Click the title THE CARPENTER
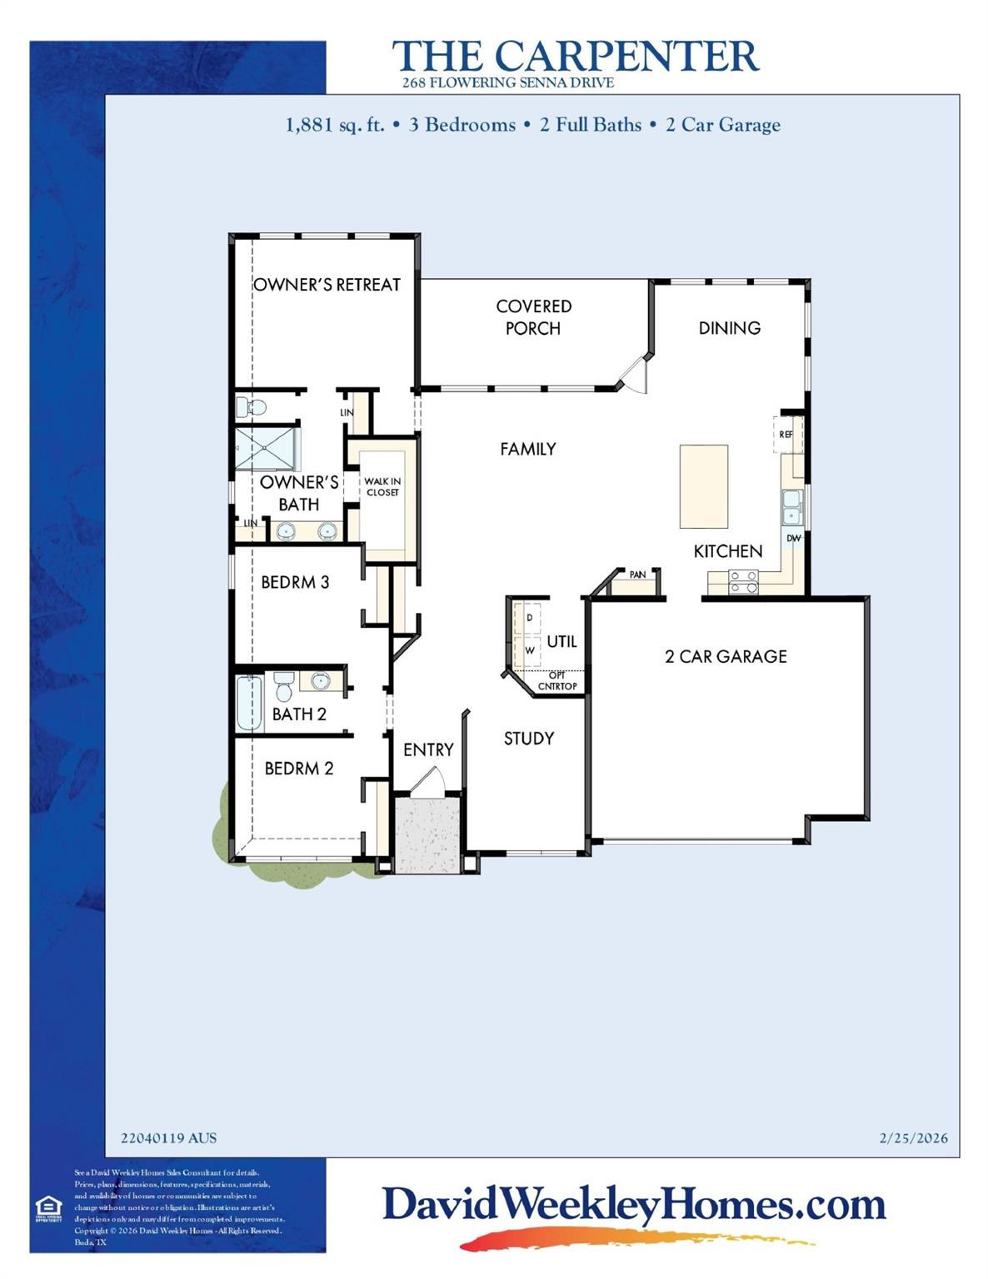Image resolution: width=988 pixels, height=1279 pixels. (x=575, y=56)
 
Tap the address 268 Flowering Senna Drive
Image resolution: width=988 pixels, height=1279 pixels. (x=507, y=82)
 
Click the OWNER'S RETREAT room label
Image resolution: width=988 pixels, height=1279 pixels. (x=327, y=285)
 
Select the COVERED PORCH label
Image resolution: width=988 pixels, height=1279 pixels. (x=533, y=317)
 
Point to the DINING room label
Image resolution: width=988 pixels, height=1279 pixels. (x=729, y=328)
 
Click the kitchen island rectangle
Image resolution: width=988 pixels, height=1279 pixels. (x=704, y=486)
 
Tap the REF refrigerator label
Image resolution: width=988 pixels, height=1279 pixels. (x=786, y=435)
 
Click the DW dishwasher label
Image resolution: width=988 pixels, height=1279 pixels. (x=793, y=539)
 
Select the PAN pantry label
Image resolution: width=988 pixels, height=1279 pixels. (x=637, y=575)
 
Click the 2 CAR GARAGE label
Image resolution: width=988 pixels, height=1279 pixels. (x=726, y=656)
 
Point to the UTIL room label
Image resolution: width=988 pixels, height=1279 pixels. (x=561, y=642)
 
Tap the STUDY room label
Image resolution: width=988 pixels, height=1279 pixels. (x=528, y=739)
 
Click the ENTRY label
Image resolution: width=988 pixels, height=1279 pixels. (x=428, y=750)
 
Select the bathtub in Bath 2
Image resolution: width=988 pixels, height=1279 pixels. (x=249, y=704)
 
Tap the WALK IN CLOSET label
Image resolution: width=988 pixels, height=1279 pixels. (x=382, y=487)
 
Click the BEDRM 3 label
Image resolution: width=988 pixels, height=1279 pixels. (x=295, y=583)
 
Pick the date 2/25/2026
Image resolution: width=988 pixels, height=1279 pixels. (x=913, y=1138)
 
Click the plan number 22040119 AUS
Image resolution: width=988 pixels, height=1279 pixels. (x=168, y=1138)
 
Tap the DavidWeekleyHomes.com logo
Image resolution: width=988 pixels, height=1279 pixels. (x=633, y=1206)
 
